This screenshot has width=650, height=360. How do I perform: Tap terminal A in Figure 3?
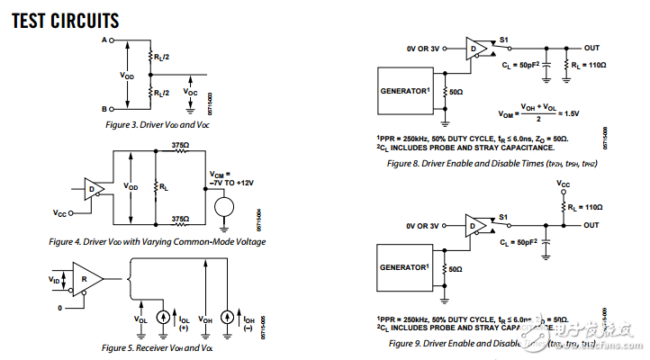coord(104,40)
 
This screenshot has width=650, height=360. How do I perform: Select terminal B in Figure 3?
coord(104,108)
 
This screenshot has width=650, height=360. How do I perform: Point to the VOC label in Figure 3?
coord(190,92)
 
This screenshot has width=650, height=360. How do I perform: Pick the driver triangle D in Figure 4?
coord(91,188)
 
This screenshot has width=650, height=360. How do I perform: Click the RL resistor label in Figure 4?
coord(165,187)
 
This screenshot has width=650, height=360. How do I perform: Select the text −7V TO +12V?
coord(232,183)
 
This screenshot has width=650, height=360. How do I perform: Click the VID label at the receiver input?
coord(55,280)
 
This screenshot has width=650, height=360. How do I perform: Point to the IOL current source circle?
coord(163,318)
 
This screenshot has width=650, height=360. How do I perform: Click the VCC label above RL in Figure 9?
coord(563,184)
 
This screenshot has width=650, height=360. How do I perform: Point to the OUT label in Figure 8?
coord(591,48)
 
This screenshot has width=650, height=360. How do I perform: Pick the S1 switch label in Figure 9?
coord(504,217)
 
